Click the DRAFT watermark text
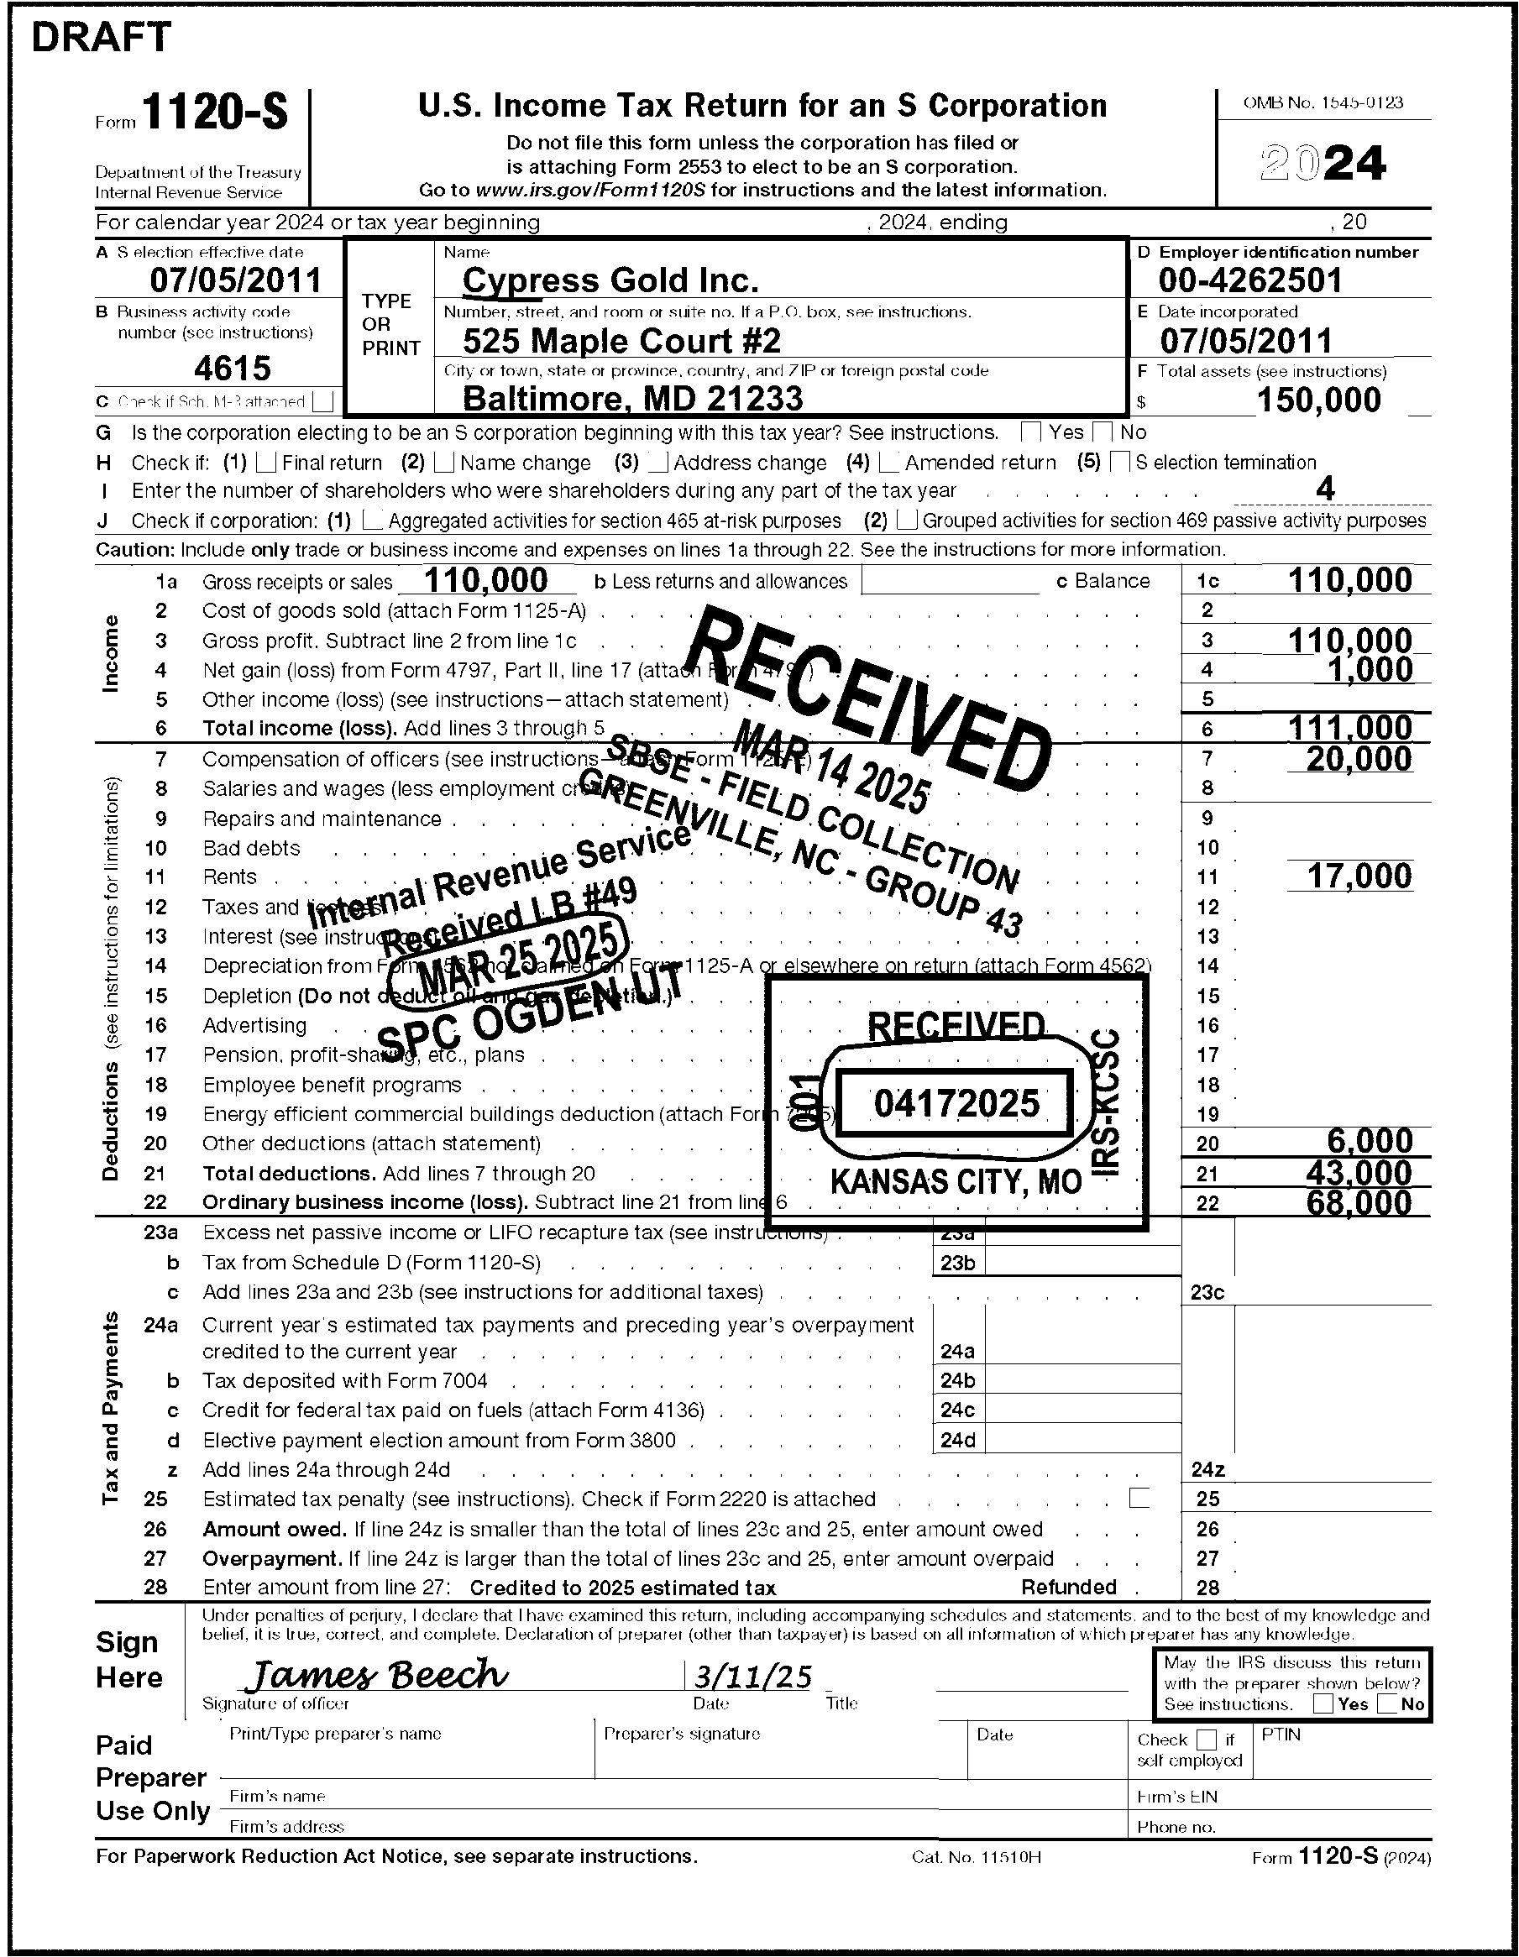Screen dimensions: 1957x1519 (x=101, y=38)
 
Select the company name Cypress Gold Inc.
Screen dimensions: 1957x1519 (x=610, y=280)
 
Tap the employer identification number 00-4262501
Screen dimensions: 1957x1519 (x=1250, y=280)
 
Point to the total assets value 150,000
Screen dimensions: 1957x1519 (x=1318, y=400)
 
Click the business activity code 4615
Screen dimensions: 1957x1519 (x=232, y=368)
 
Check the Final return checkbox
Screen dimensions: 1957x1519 (x=266, y=463)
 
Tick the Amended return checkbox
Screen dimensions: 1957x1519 (x=890, y=463)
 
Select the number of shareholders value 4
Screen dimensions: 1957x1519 (x=1324, y=489)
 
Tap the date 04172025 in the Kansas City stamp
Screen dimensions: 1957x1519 (x=956, y=1103)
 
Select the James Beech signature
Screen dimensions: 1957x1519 (x=376, y=1674)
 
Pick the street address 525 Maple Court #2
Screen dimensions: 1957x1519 (x=622, y=341)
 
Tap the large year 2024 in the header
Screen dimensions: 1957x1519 (x=1323, y=163)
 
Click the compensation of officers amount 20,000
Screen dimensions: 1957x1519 (x=1359, y=759)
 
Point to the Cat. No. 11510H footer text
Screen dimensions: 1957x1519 (x=976, y=1856)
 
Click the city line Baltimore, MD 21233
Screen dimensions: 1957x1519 (x=632, y=399)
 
